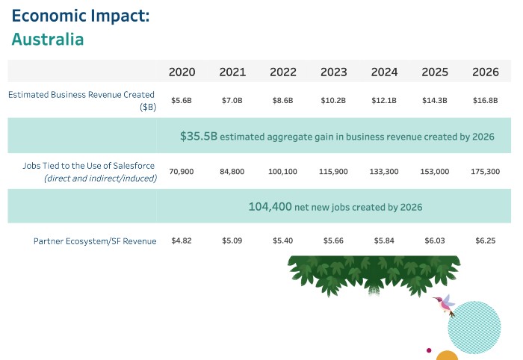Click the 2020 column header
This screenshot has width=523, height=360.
[x=182, y=72]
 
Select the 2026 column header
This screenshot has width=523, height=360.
[x=486, y=72]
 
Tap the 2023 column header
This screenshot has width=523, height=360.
[x=333, y=72]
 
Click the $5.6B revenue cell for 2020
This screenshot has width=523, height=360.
[x=182, y=101]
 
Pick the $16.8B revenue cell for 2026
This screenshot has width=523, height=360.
[x=486, y=101]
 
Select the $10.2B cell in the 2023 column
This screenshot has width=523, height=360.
[x=333, y=101]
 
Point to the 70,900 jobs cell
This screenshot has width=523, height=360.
[x=182, y=172]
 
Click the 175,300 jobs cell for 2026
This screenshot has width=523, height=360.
[x=486, y=172]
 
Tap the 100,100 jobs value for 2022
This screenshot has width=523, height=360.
[x=282, y=172]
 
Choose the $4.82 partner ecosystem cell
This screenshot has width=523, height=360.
[x=182, y=240]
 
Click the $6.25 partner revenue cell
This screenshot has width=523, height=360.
[x=486, y=240]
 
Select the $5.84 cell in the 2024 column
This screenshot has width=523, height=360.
[x=384, y=240]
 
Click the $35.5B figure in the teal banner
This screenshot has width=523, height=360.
[x=198, y=137]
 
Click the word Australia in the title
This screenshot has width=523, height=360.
[x=48, y=40]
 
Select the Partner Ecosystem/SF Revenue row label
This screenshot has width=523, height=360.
[x=95, y=241]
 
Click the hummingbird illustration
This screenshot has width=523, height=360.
[x=445, y=303]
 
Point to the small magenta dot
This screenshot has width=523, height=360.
[x=429, y=350]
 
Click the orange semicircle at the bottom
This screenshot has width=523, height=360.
[x=447, y=356]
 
